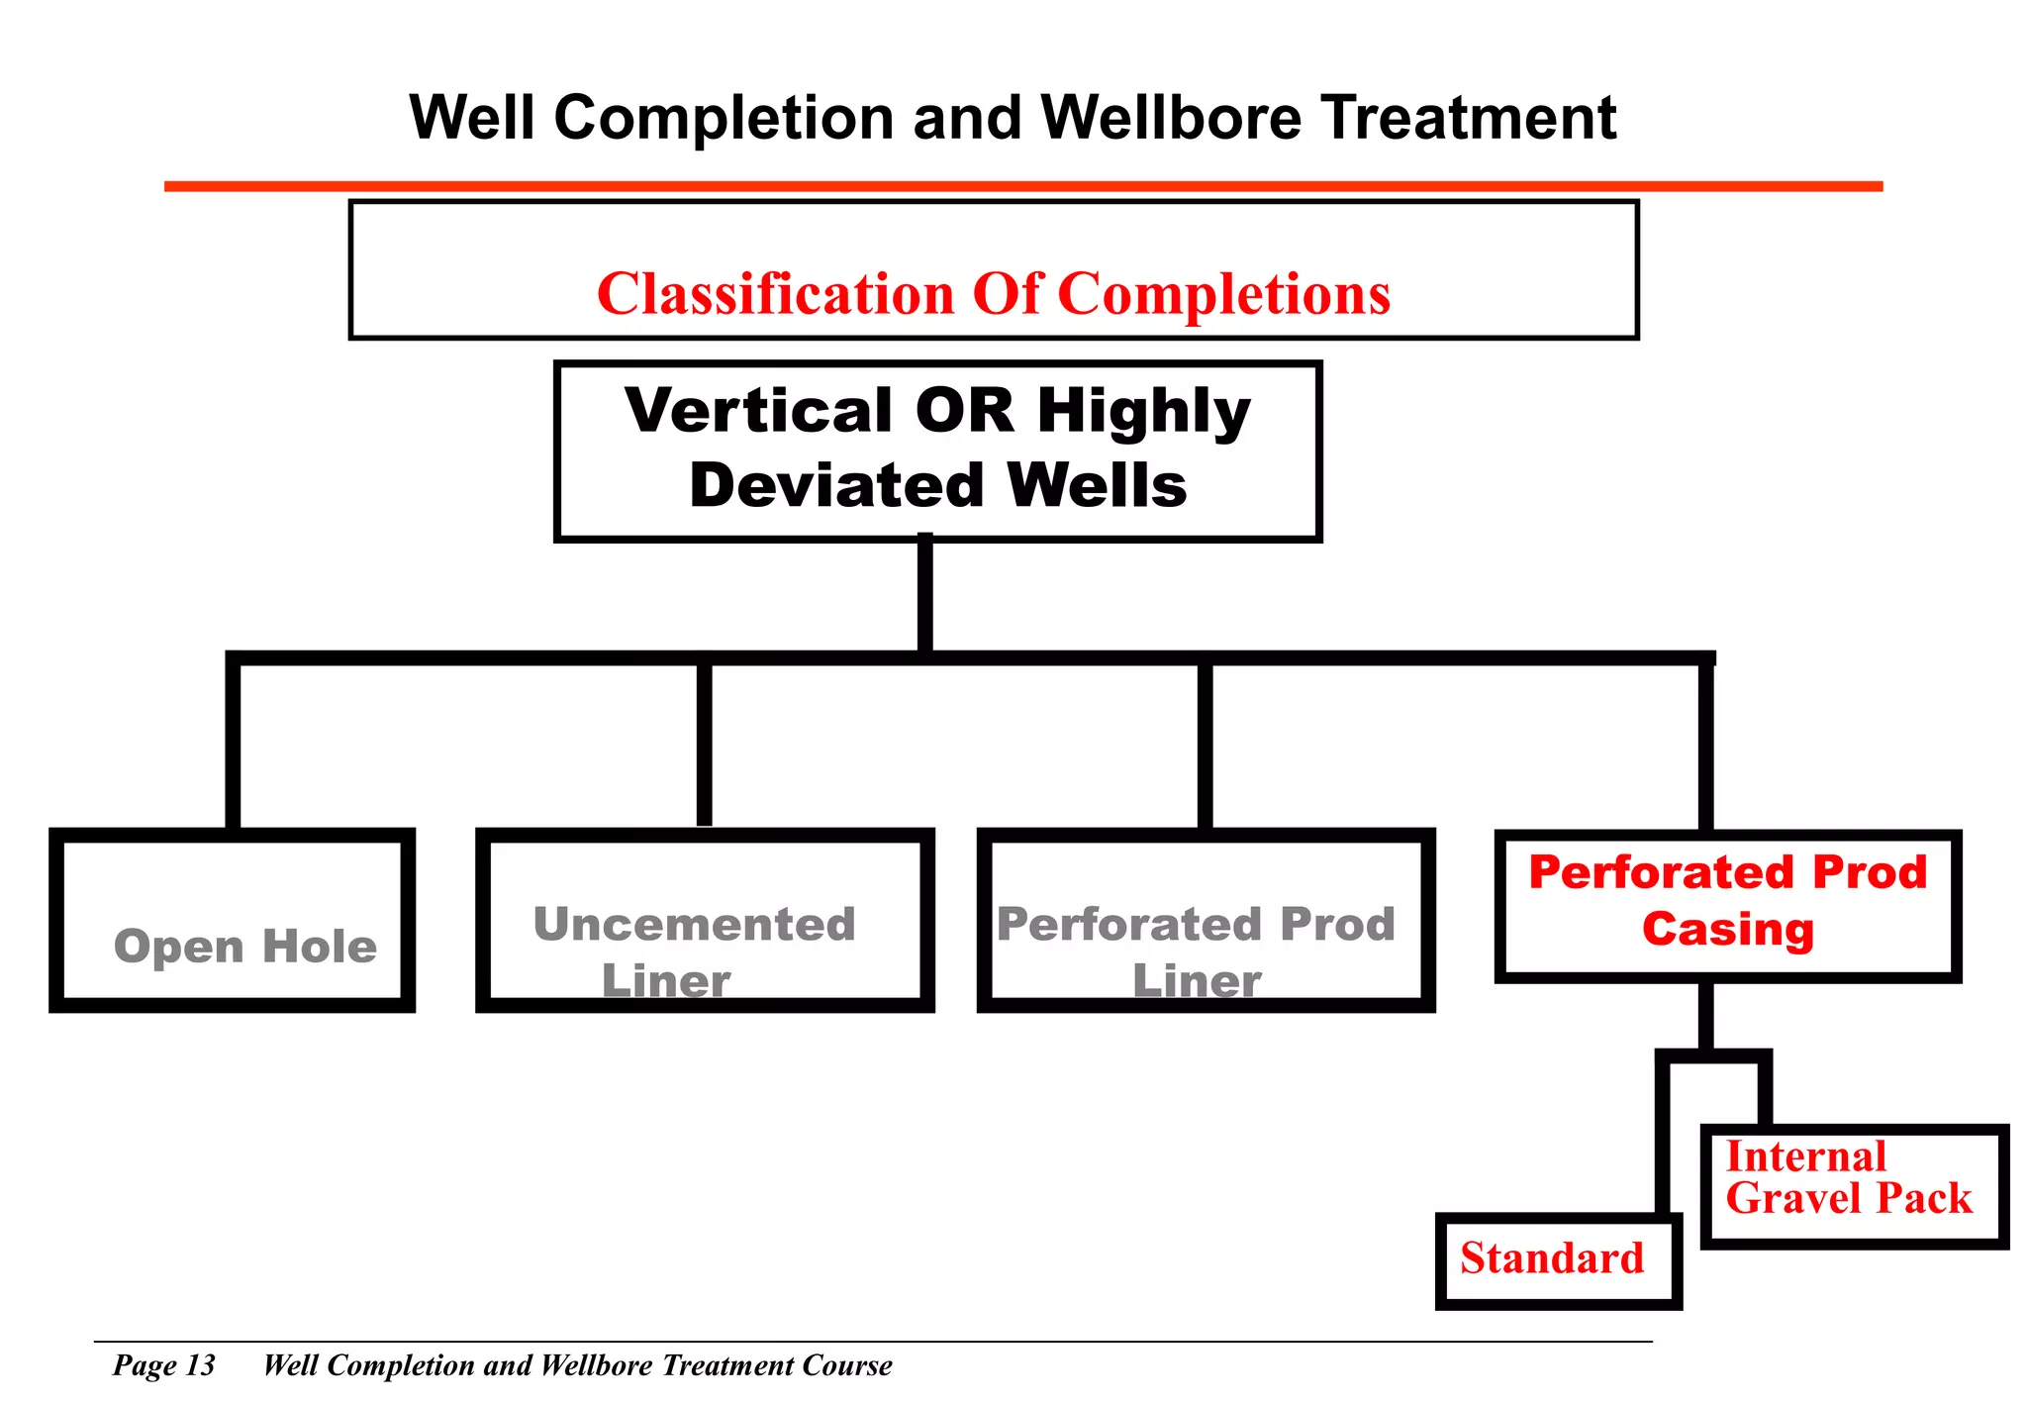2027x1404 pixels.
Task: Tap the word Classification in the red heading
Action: tap(775, 294)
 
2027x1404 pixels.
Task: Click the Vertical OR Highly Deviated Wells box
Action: tap(937, 451)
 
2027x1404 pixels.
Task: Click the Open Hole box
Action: tap(232, 921)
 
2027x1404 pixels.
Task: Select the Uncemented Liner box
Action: tap(705, 921)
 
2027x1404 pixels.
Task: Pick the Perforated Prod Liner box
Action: tap(1206, 921)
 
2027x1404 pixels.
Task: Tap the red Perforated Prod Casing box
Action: tap(1727, 905)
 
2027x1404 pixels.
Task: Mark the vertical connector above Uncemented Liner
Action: tap(704, 743)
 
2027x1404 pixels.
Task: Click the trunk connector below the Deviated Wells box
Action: tap(924, 594)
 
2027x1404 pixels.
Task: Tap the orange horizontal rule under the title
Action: tap(1022, 186)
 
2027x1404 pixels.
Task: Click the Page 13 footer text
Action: tap(163, 1365)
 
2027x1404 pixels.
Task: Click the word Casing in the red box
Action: tap(1727, 930)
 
